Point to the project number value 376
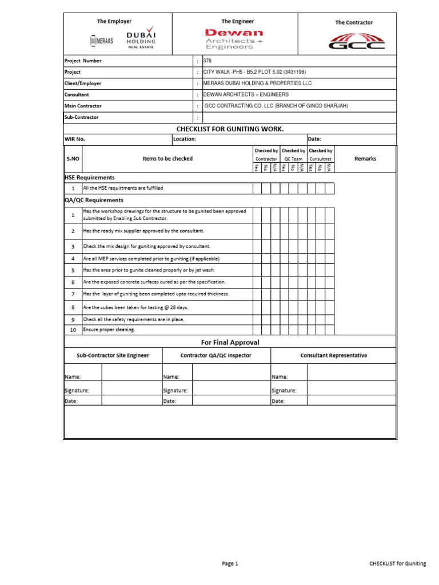207,61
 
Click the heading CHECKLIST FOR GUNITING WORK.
230,129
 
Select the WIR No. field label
75,139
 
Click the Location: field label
185,139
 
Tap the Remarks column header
365,159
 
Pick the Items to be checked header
167,159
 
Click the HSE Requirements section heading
89,178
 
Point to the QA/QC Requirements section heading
94,201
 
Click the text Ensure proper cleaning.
109,330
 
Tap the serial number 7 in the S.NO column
73,294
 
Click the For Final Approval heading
230,342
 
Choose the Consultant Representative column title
334,355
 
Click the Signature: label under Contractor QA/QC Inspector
175,391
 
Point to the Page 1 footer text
230,564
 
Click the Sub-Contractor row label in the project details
82,117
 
